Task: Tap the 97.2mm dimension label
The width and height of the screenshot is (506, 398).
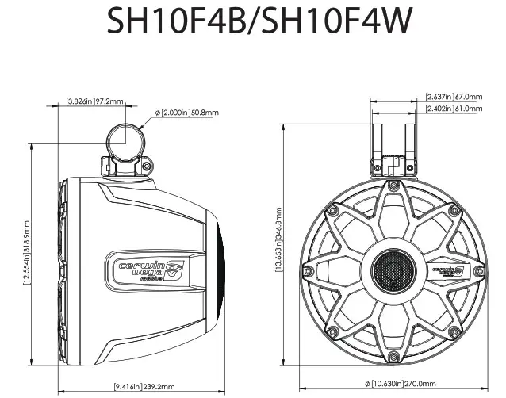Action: point(108,102)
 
